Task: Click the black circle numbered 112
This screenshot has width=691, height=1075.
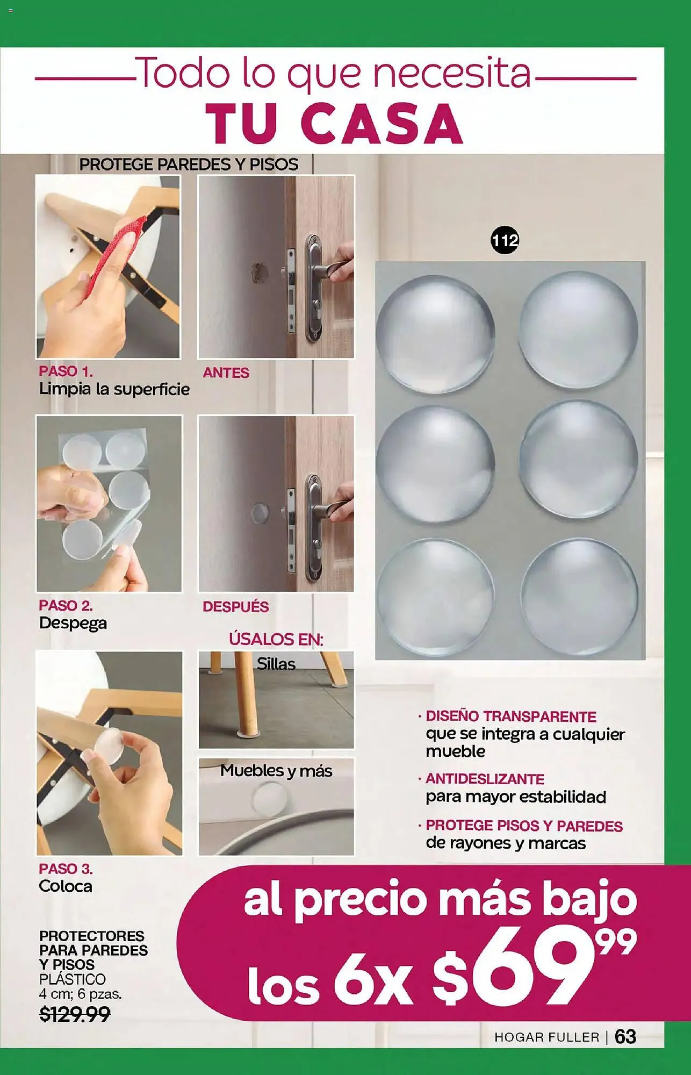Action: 505,241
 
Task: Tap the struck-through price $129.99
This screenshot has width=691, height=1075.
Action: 75,1014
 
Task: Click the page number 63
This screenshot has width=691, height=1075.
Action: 625,1036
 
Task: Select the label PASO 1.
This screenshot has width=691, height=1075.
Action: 66,371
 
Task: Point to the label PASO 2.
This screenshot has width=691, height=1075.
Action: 66,605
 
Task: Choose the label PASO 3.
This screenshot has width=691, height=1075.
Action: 66,869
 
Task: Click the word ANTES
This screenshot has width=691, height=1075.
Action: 226,372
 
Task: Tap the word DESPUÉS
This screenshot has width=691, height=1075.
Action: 235,606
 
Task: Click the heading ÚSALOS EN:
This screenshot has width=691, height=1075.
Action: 276,639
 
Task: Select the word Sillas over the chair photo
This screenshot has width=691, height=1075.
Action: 276,664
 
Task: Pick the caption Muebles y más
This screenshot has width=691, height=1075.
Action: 276,771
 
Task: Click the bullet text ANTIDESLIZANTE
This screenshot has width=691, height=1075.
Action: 485,779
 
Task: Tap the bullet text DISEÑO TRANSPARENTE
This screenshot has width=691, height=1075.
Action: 510,716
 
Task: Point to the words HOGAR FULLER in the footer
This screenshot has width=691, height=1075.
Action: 546,1037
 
